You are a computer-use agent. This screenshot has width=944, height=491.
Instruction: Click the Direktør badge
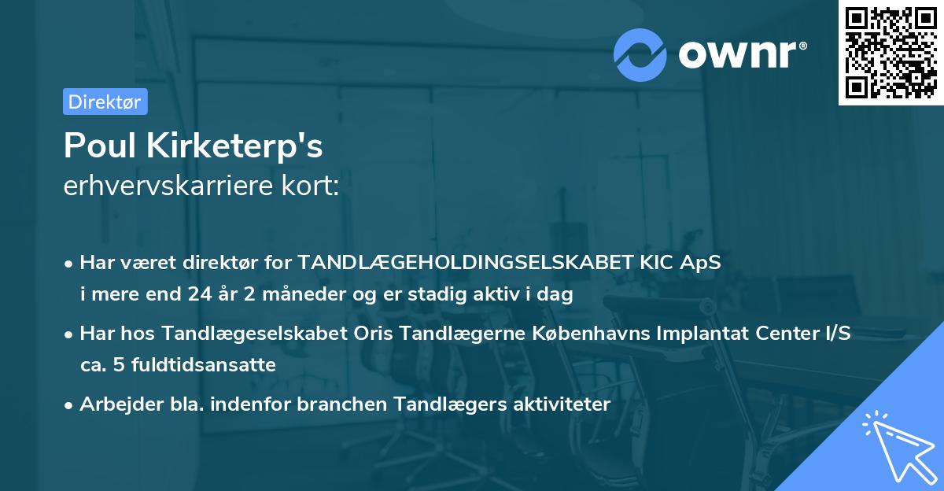pyautogui.click(x=105, y=102)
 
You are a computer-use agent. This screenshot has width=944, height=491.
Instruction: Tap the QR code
pyautogui.click(x=891, y=53)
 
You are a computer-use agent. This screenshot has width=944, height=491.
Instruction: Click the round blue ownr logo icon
pyautogui.click(x=640, y=55)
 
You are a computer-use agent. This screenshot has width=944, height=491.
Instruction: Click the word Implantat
pyautogui.click(x=693, y=334)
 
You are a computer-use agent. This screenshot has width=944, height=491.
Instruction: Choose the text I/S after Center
pyautogui.click(x=835, y=334)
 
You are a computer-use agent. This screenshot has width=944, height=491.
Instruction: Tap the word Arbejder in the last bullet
pyautogui.click(x=112, y=404)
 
